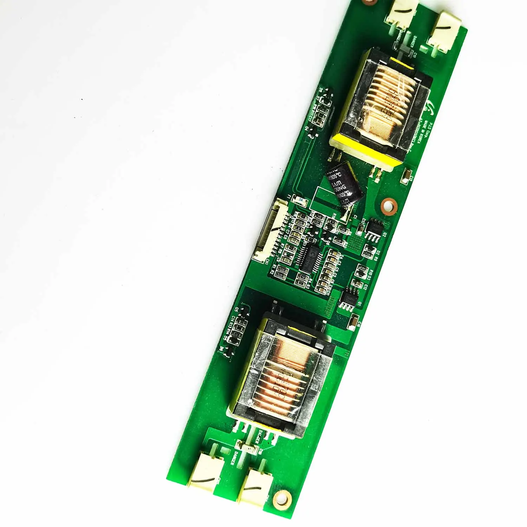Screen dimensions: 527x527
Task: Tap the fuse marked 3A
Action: pos(300,200)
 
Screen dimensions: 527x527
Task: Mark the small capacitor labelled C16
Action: pos(355,320)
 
